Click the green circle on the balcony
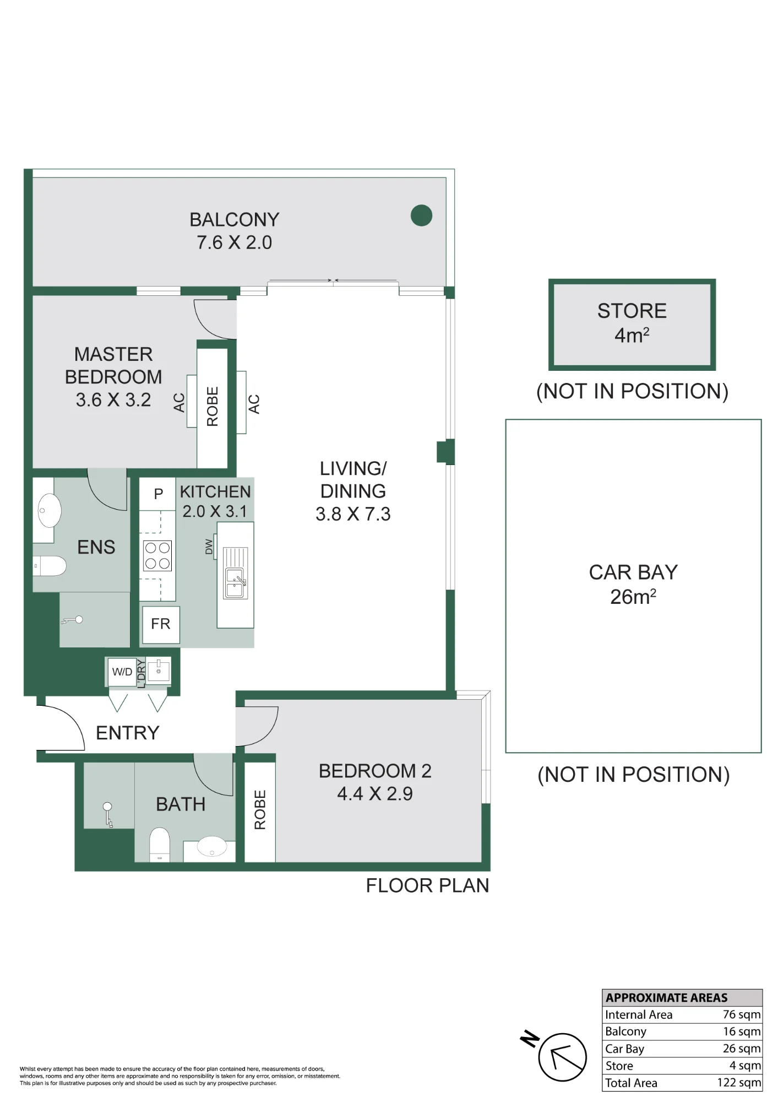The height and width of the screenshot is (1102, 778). click(x=421, y=215)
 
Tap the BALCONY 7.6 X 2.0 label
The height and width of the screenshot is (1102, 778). click(x=235, y=231)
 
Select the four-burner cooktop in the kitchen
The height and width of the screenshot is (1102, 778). click(x=157, y=555)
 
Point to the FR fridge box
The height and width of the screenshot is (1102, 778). click(x=161, y=624)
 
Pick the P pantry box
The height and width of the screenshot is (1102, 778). click(x=157, y=494)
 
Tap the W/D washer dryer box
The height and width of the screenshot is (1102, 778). click(x=122, y=672)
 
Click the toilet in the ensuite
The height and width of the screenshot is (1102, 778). click(x=50, y=566)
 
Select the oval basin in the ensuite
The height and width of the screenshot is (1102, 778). click(x=50, y=510)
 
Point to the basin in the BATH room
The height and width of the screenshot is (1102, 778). click(x=212, y=847)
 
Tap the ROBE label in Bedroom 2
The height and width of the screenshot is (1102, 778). click(x=260, y=809)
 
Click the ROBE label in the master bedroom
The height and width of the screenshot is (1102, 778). click(x=213, y=407)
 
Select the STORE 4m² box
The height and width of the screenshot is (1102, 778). click(x=632, y=324)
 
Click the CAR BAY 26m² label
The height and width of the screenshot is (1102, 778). click(x=633, y=585)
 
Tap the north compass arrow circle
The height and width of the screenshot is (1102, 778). click(x=562, y=1057)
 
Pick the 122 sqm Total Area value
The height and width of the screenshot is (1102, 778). click(x=739, y=1083)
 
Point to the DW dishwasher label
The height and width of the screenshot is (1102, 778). click(x=209, y=547)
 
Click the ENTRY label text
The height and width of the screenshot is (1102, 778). click(x=128, y=733)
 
